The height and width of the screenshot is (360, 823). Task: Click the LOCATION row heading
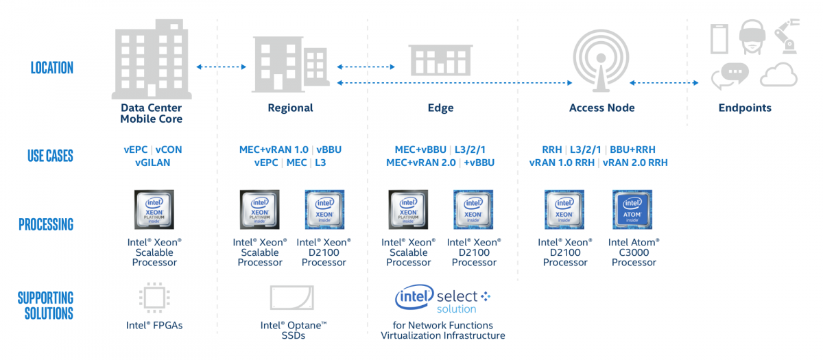point(51,68)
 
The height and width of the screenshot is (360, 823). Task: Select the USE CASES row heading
point(50,156)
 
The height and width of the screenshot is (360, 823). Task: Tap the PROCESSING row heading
point(46,224)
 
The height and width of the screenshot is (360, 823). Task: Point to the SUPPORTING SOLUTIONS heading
point(45,306)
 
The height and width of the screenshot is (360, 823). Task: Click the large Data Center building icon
point(151,58)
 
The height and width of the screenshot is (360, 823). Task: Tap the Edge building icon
point(440,60)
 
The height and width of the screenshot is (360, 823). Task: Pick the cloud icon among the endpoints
point(778,74)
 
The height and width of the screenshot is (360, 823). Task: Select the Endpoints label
point(745,108)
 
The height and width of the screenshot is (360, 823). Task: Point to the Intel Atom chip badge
point(632,210)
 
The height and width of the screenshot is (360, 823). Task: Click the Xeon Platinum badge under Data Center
point(154,210)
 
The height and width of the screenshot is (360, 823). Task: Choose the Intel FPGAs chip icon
point(154,298)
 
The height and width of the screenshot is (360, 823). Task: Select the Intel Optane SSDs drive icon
point(292,298)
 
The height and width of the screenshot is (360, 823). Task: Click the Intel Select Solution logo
point(442,299)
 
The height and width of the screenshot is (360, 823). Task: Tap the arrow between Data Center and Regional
point(222,67)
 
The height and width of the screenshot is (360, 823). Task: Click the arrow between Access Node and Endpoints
point(664,83)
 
